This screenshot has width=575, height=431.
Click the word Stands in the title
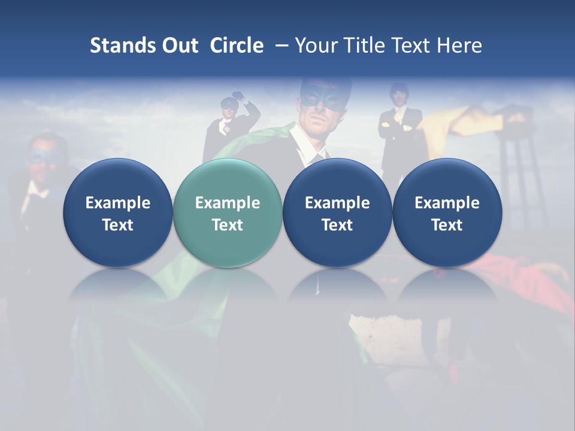(x=122, y=45)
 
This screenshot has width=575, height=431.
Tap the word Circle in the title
(x=237, y=45)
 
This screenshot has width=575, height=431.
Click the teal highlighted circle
(x=228, y=213)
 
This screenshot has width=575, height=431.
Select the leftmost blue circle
(x=117, y=213)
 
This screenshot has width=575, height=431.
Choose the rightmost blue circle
(x=447, y=213)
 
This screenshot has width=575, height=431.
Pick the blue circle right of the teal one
(x=337, y=213)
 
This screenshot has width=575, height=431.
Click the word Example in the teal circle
(x=228, y=203)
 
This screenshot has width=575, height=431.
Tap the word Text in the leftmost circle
(x=117, y=225)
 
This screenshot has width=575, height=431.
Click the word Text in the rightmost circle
(x=447, y=225)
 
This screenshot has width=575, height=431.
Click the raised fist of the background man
(x=240, y=96)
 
